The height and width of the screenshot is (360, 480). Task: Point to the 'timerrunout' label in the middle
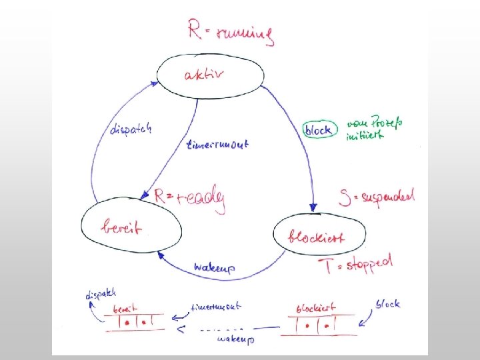click(x=217, y=144)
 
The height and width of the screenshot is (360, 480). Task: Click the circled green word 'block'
click(x=317, y=130)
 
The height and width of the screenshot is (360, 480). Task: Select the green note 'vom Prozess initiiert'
click(x=375, y=130)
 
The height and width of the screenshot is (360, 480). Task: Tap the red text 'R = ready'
click(x=189, y=198)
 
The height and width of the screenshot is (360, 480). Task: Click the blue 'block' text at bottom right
click(x=387, y=304)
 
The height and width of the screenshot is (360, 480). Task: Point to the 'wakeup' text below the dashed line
click(x=235, y=339)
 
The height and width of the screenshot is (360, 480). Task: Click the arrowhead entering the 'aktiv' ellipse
click(x=155, y=83)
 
